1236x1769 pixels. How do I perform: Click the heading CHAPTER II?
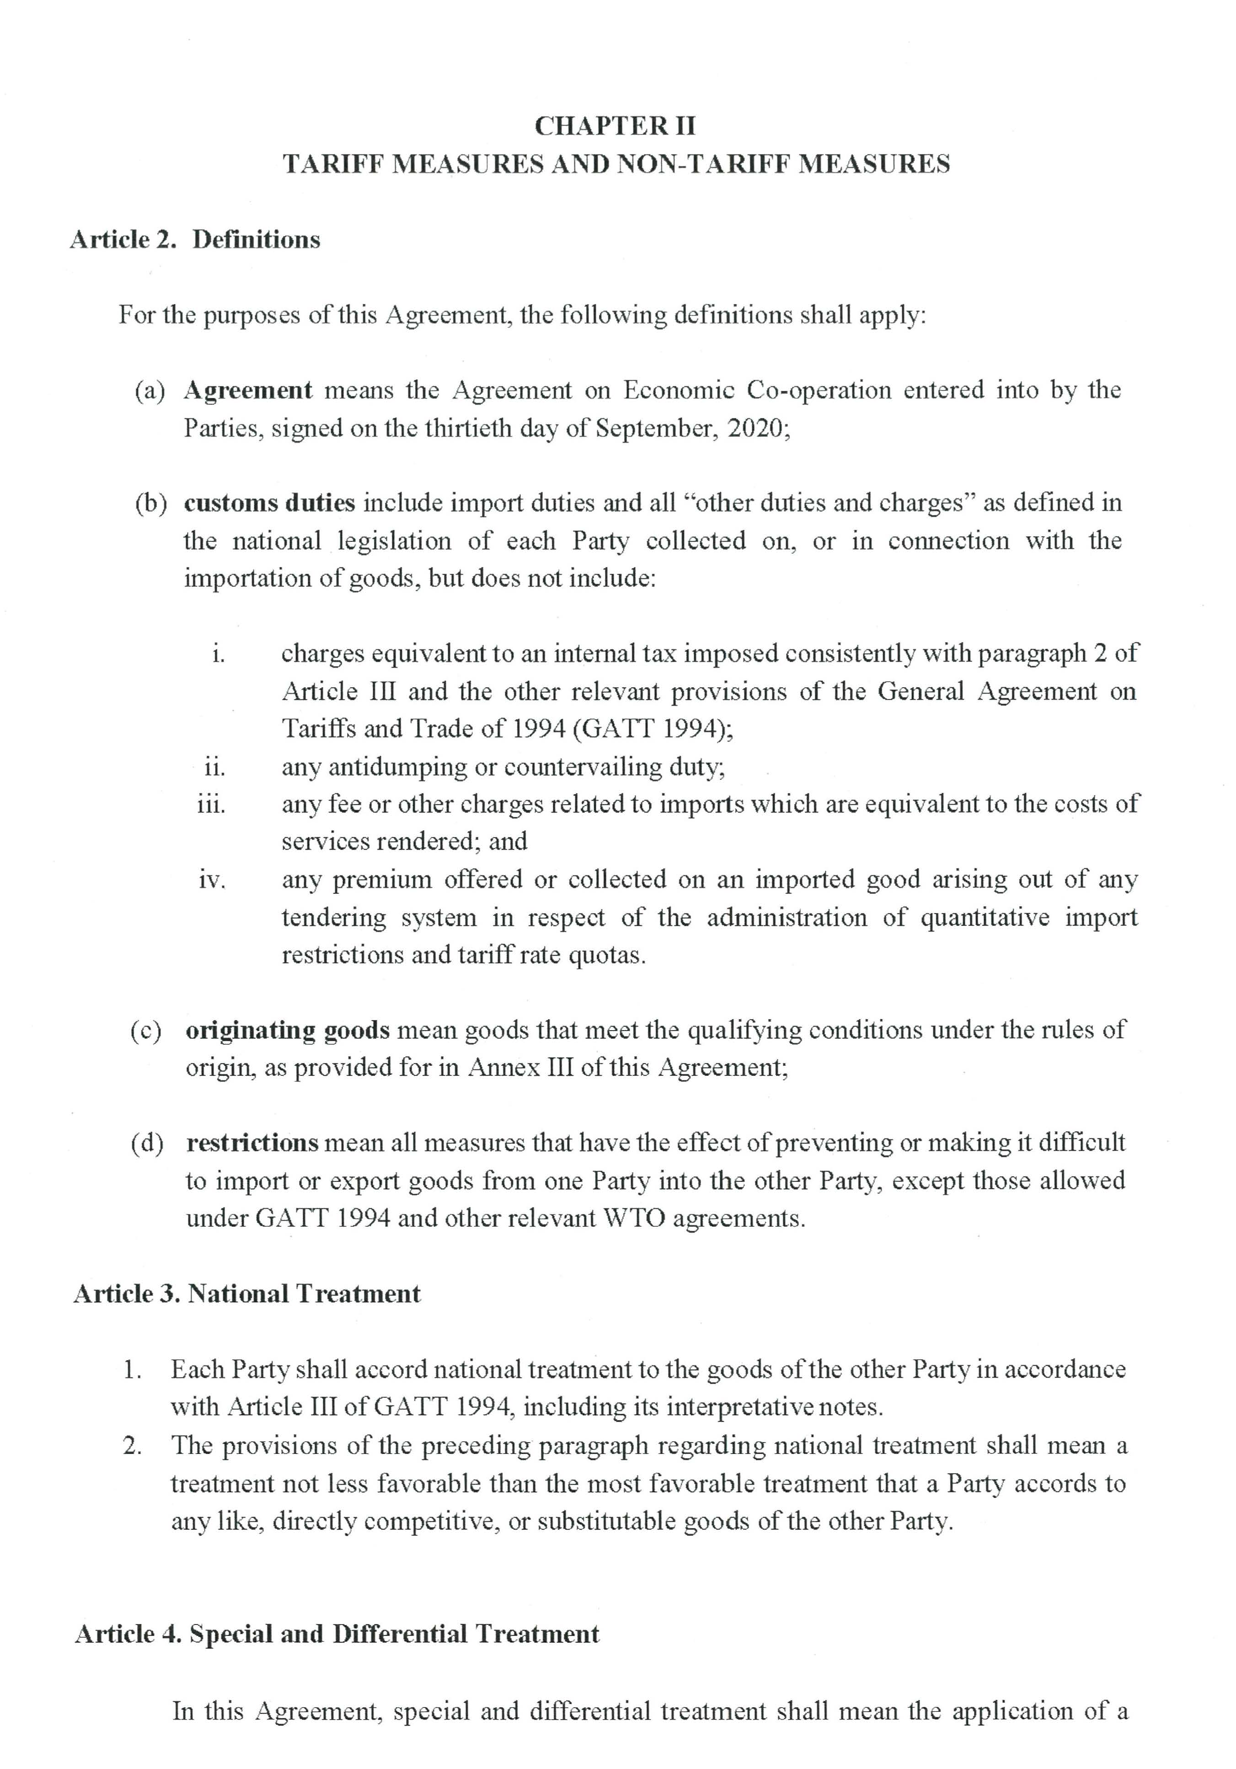pyautogui.click(x=615, y=126)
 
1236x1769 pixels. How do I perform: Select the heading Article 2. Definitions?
pyautogui.click(x=195, y=240)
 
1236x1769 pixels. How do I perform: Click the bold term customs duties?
pyautogui.click(x=269, y=503)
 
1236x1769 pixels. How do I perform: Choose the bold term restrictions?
pyautogui.click(x=252, y=1143)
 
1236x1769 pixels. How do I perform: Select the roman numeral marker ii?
pyautogui.click(x=214, y=767)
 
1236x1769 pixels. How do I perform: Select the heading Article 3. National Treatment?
pyautogui.click(x=246, y=1293)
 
